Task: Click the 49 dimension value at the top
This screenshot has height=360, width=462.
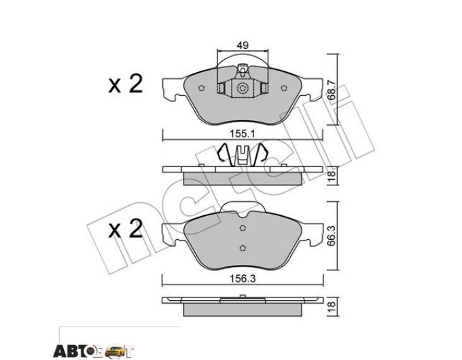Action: coord(243,45)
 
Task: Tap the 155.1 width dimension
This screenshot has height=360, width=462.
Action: coord(242,134)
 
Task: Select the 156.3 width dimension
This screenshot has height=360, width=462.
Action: coord(242,278)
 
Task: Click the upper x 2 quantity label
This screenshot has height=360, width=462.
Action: coord(126,84)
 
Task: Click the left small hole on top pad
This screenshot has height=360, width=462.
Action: coord(202,88)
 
